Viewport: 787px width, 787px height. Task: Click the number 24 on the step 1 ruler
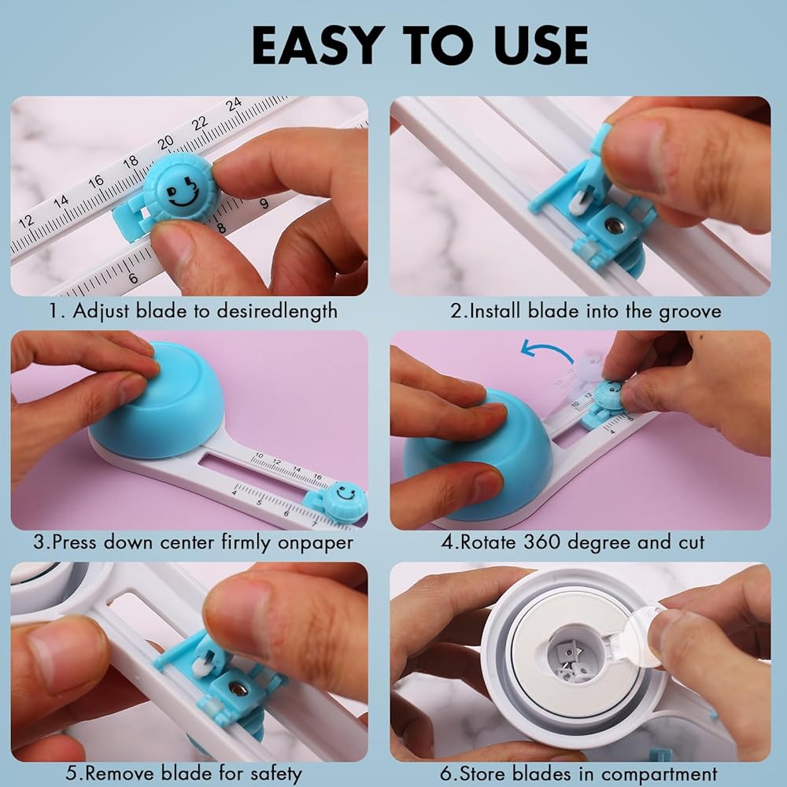tap(234, 105)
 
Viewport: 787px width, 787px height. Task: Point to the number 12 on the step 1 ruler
tap(26, 221)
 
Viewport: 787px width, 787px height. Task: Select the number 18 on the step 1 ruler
tap(130, 161)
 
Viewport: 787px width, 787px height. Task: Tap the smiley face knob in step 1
tap(181, 189)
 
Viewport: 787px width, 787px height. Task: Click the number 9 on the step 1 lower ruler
tap(264, 204)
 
